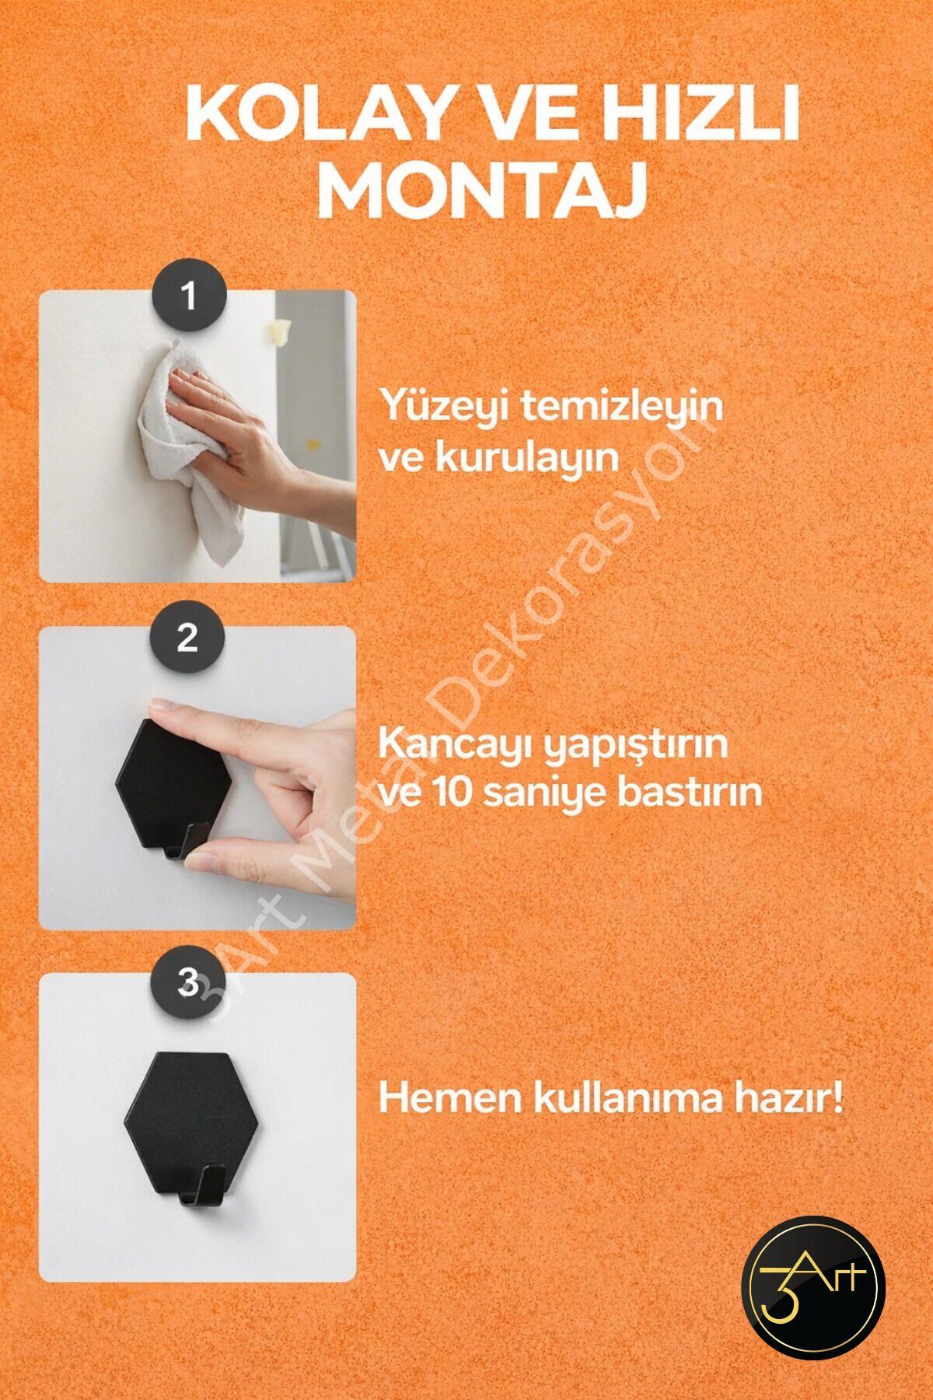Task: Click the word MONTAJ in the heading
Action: (482, 189)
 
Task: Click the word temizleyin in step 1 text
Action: (620, 408)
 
